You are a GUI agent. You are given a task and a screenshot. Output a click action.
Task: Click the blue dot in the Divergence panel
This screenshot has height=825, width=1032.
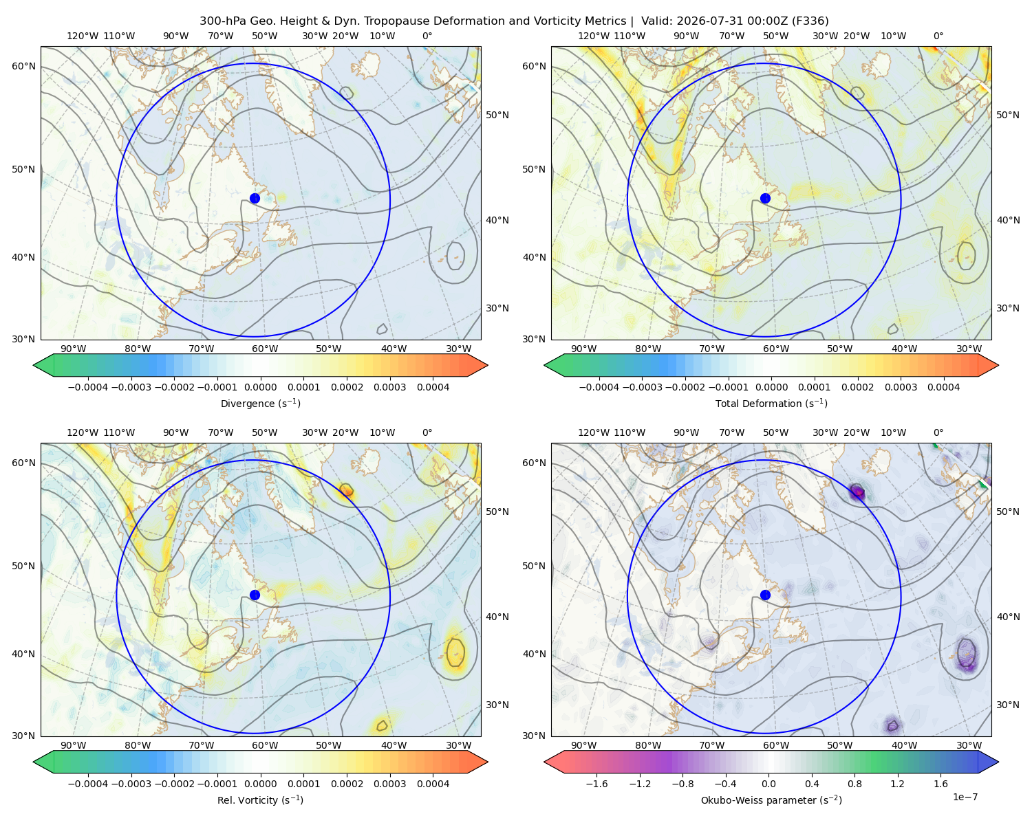[x=255, y=198]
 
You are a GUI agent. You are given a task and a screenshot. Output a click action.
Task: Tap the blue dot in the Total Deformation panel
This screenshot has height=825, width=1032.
[x=765, y=198]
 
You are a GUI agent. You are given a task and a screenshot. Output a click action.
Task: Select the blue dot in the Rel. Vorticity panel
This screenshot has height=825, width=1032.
[x=255, y=595]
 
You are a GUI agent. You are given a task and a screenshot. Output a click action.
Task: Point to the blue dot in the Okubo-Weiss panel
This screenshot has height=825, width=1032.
[x=765, y=595]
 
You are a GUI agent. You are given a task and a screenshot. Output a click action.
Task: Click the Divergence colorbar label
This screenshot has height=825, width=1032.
[x=260, y=403]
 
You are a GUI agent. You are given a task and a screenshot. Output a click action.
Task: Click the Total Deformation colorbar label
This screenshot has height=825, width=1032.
[x=771, y=403]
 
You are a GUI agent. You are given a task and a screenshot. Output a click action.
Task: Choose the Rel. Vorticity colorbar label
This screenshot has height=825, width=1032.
[x=260, y=800]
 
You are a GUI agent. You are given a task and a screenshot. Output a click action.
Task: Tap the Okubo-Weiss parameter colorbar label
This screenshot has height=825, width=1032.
[x=771, y=800]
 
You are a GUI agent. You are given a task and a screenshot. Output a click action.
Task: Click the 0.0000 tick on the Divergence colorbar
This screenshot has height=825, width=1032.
[x=260, y=387]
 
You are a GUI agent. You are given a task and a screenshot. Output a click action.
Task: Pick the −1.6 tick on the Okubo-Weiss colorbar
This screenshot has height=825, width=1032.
[x=596, y=783]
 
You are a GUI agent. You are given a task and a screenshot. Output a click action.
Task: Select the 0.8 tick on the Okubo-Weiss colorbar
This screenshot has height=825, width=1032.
[x=854, y=783]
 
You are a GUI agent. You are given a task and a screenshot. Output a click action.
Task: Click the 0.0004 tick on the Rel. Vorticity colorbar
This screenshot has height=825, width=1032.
[x=433, y=783]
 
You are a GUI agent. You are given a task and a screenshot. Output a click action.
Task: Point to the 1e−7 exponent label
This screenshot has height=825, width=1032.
[x=965, y=796]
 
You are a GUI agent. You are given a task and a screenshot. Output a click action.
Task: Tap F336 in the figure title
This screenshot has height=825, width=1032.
[x=811, y=21]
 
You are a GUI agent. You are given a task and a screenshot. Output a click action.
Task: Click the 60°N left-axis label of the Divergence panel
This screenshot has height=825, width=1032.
[x=23, y=66]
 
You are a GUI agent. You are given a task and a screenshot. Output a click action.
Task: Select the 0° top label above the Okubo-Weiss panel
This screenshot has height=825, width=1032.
[x=938, y=432]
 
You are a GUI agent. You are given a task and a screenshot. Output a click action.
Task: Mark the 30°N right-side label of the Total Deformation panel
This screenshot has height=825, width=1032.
[x=1008, y=308]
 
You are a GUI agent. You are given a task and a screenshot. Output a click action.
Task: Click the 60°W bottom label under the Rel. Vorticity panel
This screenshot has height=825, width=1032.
[x=265, y=745]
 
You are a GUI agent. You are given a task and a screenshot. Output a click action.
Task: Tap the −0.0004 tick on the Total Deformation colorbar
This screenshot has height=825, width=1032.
[x=599, y=387]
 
